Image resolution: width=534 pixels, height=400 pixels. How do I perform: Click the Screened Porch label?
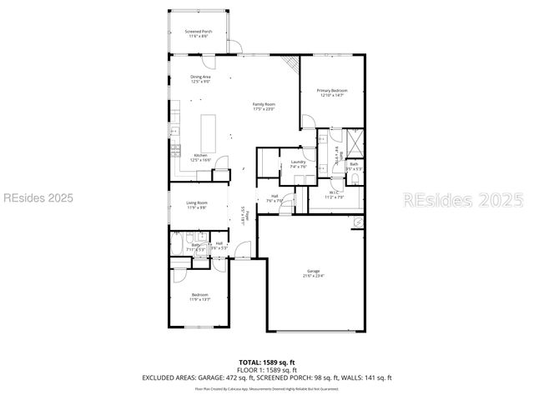coord(199,33)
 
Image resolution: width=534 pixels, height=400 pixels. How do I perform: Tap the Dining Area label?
coord(200,79)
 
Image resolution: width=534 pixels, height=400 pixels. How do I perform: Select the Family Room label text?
coord(264,107)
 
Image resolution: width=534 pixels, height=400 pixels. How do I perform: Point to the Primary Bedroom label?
coord(332,92)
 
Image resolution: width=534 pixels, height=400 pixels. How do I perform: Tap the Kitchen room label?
coord(200,157)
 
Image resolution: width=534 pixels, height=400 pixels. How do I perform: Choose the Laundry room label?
coord(298,163)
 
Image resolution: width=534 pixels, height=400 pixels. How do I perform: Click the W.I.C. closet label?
coord(333,196)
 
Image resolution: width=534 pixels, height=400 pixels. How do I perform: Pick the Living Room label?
coord(197,205)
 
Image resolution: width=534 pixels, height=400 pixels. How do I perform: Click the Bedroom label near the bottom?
coord(200,297)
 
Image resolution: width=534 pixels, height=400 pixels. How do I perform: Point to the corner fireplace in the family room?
coord(290,63)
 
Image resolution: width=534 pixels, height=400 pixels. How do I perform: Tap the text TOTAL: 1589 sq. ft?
coord(267,362)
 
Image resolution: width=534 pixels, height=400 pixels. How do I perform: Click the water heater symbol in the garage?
coord(358,222)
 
